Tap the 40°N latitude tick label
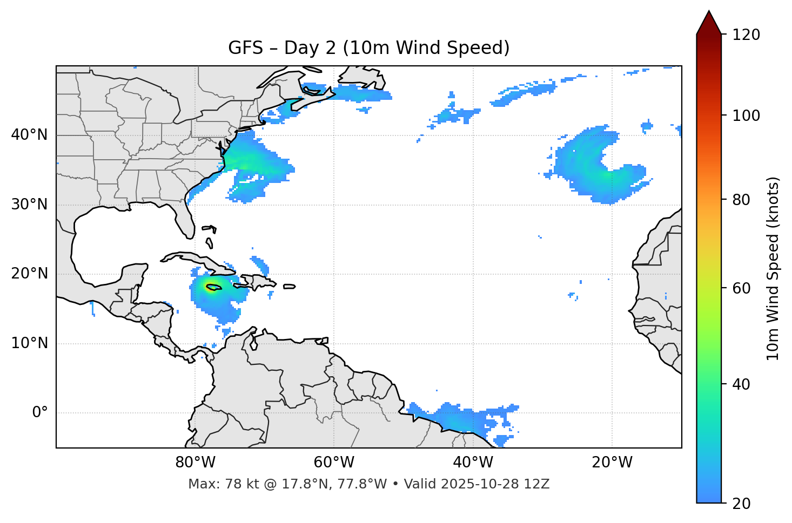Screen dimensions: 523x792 click(x=29, y=135)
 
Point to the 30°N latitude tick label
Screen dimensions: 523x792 click(x=29, y=205)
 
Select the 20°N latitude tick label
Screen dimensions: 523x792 click(x=29, y=274)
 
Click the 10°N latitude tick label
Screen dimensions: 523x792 click(x=29, y=343)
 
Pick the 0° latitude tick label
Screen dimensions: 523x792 click(x=39, y=413)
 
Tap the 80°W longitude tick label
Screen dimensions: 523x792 click(x=195, y=463)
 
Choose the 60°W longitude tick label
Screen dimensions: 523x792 click(x=334, y=463)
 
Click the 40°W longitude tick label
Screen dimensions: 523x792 click(x=473, y=463)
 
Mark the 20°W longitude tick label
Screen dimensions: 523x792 click(x=612, y=463)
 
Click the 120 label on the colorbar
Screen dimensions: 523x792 click(x=746, y=35)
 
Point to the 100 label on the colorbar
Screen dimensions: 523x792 click(x=746, y=116)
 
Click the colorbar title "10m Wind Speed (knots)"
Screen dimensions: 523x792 click(x=773, y=268)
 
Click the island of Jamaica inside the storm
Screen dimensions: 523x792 click(x=213, y=288)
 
